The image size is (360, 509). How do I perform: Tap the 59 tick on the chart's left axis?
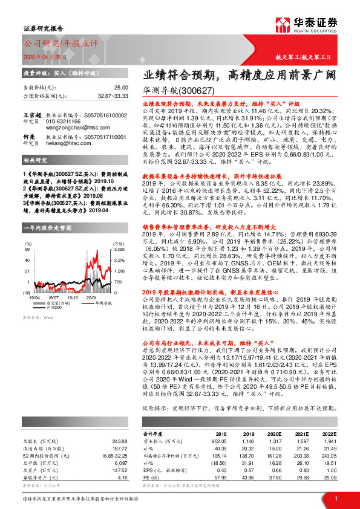27,249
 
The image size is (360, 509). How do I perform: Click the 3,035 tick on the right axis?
119,249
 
